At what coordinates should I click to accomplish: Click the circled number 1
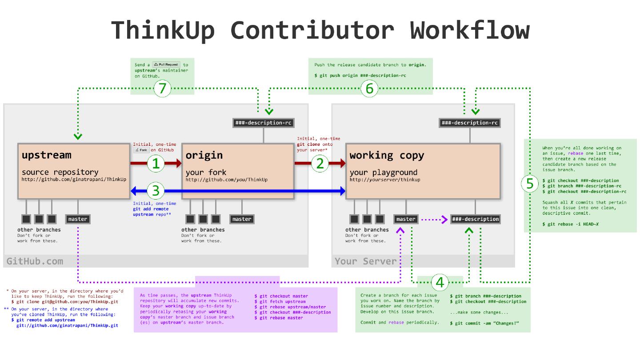[x=156, y=164]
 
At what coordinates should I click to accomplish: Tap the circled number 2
[x=320, y=164]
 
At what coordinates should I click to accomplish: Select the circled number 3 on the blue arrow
[x=156, y=191]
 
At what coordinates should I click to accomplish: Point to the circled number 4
[x=440, y=282]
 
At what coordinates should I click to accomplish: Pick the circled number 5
[x=530, y=184]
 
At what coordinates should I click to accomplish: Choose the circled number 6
[x=369, y=88]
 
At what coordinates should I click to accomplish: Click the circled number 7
[x=162, y=88]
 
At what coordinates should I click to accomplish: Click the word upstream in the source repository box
[x=46, y=155]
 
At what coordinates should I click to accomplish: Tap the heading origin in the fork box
[x=204, y=155]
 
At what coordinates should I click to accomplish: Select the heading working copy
[x=387, y=155]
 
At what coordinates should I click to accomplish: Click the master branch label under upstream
[x=78, y=219]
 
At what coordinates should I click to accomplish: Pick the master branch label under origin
[x=242, y=219]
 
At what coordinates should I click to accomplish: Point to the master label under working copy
[x=406, y=219]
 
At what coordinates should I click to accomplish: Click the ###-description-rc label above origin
[x=264, y=123]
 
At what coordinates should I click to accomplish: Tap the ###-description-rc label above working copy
[x=470, y=123]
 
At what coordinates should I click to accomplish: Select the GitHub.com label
[x=35, y=261]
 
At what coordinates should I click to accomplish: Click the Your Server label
[x=365, y=261]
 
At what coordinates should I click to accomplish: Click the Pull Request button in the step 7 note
[x=166, y=64]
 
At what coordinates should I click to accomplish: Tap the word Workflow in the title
[x=470, y=30]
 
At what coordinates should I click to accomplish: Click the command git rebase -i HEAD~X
[x=570, y=224]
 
